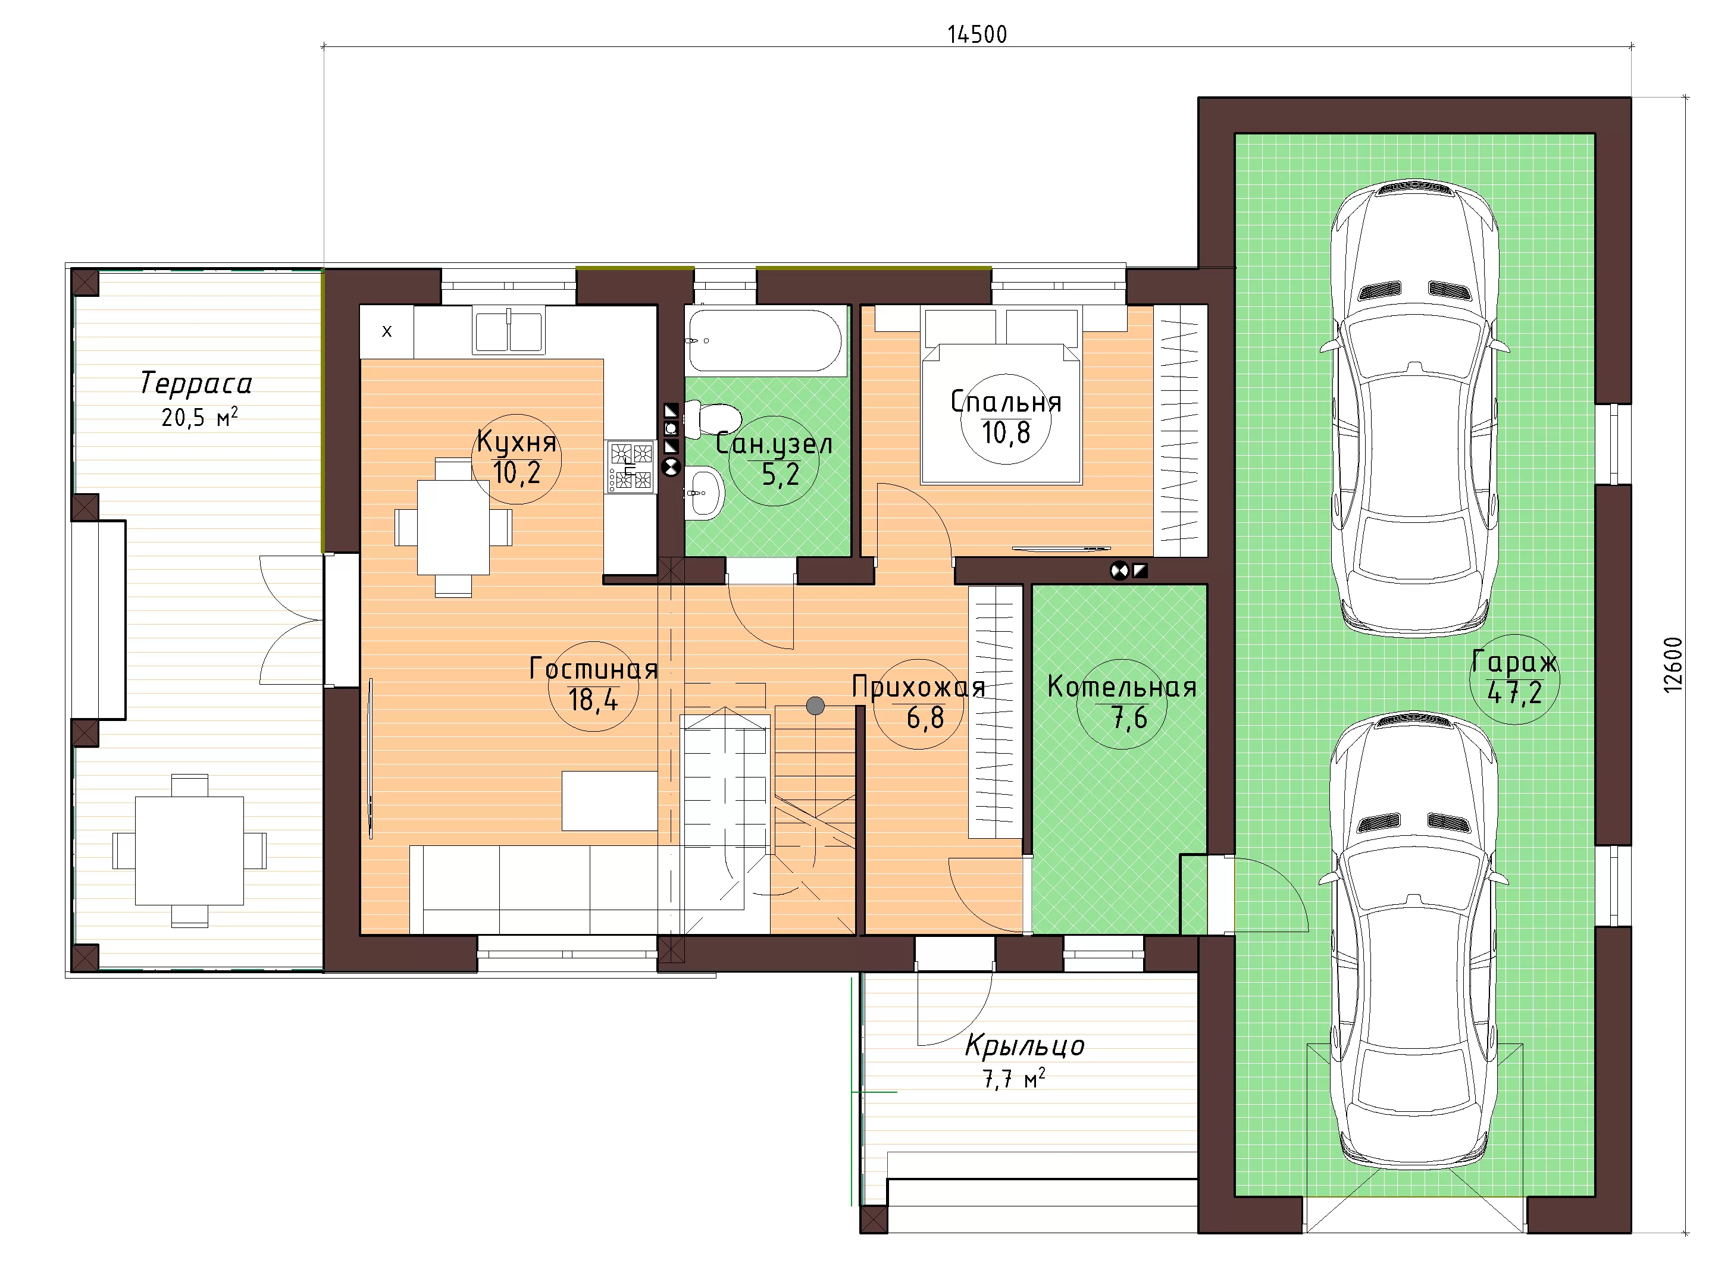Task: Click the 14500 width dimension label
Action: click(x=977, y=35)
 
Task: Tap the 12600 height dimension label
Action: click(x=1673, y=664)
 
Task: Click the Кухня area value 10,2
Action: click(x=517, y=472)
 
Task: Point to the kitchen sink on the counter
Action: click(x=509, y=331)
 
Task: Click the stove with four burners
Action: click(x=630, y=467)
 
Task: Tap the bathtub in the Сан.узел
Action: click(x=765, y=341)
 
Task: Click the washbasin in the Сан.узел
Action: click(x=705, y=493)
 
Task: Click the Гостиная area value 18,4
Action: click(x=593, y=700)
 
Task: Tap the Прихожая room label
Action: click(x=919, y=686)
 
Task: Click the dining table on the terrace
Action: click(x=190, y=851)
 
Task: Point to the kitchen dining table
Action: click(x=453, y=527)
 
